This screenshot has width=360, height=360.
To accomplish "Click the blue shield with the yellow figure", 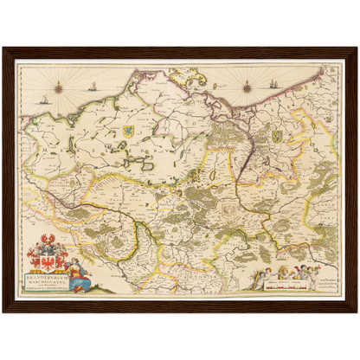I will pyautogui.click(x=127, y=132).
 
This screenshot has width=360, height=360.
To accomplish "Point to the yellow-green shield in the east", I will pyautogui.click(x=277, y=136).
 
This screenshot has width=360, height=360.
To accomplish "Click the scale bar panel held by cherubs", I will pyautogui.click(x=283, y=282).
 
